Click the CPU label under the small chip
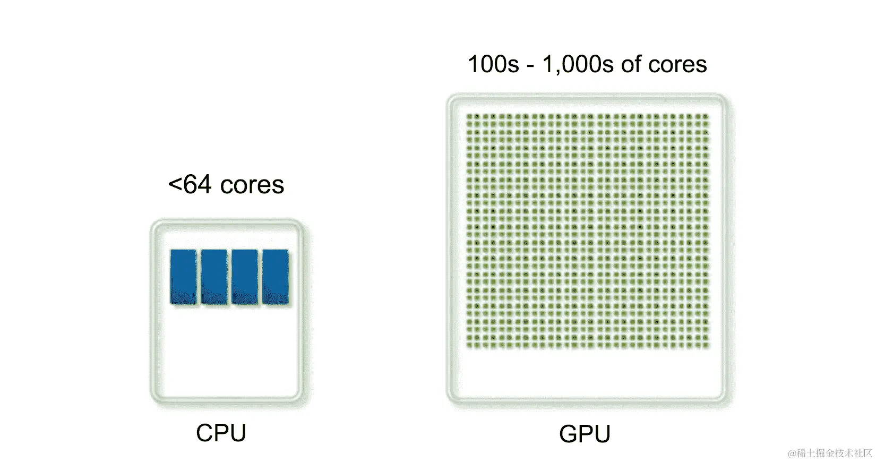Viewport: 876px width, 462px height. (x=221, y=433)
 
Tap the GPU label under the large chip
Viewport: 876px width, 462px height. (x=585, y=434)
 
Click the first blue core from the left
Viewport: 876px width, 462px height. (x=184, y=277)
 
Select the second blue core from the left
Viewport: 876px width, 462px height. (x=214, y=277)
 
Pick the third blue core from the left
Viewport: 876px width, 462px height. (x=245, y=277)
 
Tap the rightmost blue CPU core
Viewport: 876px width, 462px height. (x=276, y=277)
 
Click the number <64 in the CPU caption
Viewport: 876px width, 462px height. (x=190, y=185)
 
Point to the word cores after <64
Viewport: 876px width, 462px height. (x=252, y=185)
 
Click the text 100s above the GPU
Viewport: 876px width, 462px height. (x=493, y=64)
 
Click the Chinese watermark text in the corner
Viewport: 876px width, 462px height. (x=834, y=453)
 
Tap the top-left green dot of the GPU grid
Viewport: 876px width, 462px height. (x=469, y=117)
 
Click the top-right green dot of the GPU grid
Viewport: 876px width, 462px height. (x=706, y=117)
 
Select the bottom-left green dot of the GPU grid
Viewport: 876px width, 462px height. (x=469, y=346)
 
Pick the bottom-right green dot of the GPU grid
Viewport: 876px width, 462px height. (x=706, y=346)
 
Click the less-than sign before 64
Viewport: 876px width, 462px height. (x=175, y=185)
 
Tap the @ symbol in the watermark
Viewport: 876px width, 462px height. (x=792, y=454)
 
